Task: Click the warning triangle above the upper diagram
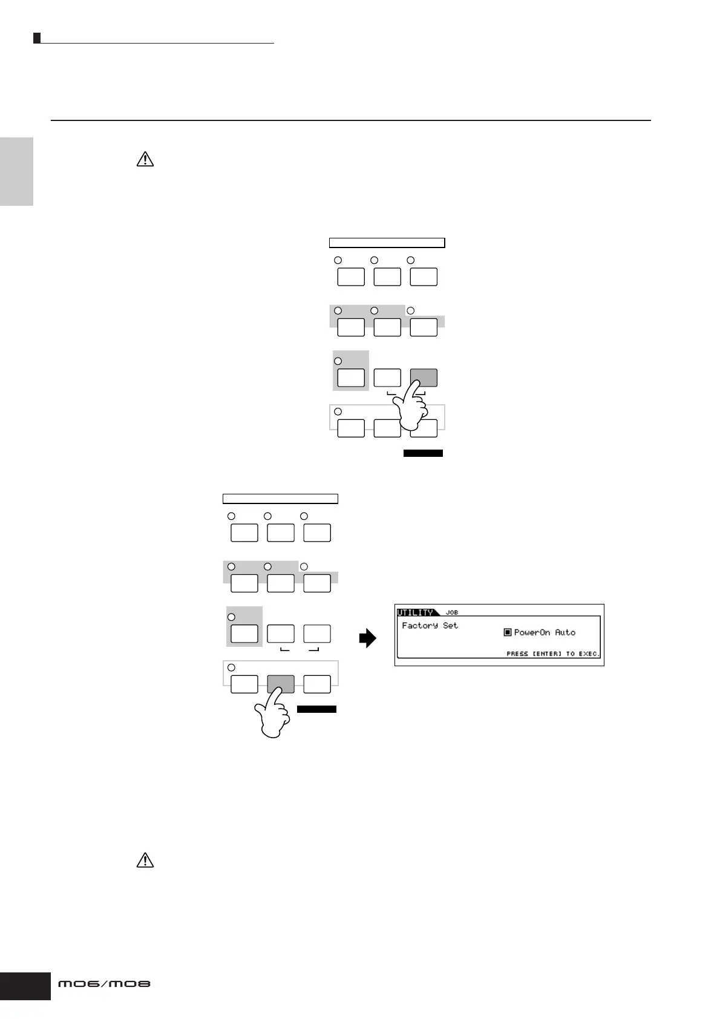pyautogui.click(x=145, y=159)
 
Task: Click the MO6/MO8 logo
pyautogui.click(x=104, y=985)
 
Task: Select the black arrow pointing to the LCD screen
pyautogui.click(x=367, y=638)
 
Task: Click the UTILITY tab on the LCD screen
pyautogui.click(x=416, y=612)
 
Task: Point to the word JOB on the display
pyautogui.click(x=452, y=612)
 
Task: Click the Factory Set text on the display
pyautogui.click(x=430, y=625)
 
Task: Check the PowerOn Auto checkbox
pyautogui.click(x=508, y=632)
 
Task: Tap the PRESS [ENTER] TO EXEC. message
pyautogui.click(x=552, y=654)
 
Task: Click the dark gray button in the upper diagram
pyautogui.click(x=424, y=377)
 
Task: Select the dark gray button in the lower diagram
pyautogui.click(x=281, y=684)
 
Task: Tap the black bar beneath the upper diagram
pyautogui.click(x=423, y=453)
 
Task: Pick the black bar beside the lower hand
pyautogui.click(x=316, y=709)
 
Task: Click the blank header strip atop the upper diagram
pyautogui.click(x=387, y=243)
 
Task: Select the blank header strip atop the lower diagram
pyautogui.click(x=280, y=499)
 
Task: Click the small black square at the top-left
pyautogui.click(x=37, y=38)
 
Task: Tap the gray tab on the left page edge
pyautogui.click(x=16, y=171)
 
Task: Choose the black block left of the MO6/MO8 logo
pyautogui.click(x=25, y=986)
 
